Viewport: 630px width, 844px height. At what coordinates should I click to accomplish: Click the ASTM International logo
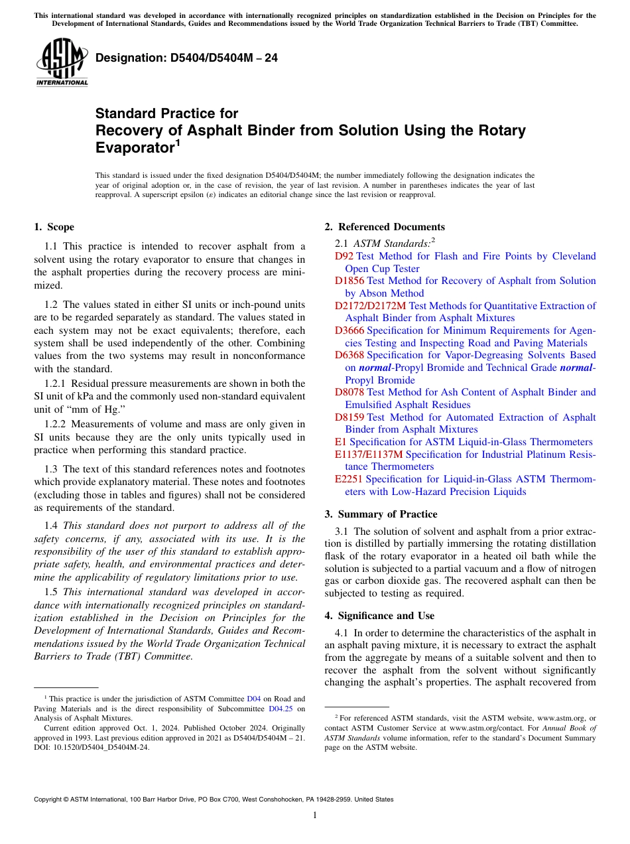tap(62, 63)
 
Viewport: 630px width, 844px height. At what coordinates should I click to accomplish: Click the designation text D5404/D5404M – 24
tap(186, 58)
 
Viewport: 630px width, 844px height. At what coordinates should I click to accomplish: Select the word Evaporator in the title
tap(133, 147)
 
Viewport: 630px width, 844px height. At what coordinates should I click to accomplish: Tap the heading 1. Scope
tap(54, 227)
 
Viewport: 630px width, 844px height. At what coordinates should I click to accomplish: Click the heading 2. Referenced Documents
tap(385, 227)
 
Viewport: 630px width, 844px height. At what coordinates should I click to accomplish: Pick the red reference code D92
tap(344, 256)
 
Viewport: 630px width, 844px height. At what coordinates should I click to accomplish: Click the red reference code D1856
tap(349, 281)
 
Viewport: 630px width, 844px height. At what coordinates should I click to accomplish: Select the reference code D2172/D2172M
tap(370, 306)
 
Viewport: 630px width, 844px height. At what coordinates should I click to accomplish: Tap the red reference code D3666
tap(349, 330)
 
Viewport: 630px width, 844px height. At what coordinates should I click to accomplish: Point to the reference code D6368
tap(349, 355)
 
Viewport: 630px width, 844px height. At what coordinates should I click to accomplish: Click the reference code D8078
tap(349, 392)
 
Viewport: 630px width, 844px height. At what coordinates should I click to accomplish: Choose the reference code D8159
tap(349, 417)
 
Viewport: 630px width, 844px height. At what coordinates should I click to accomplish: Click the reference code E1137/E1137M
tap(369, 455)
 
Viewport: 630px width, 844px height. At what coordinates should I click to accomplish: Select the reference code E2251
tap(349, 479)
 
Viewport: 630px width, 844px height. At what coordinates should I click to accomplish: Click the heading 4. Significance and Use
tap(379, 616)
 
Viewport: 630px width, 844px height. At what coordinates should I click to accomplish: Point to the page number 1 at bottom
tap(315, 815)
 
